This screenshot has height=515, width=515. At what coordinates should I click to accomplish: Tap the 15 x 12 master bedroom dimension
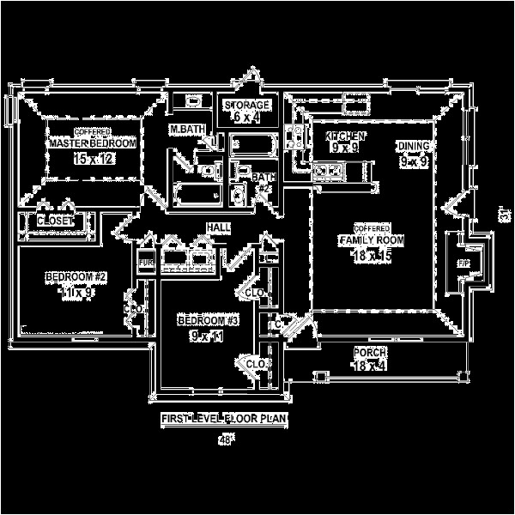tap(93, 159)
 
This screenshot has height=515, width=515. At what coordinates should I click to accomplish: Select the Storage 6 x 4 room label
tap(247, 105)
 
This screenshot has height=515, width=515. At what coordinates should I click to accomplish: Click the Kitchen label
tap(346, 136)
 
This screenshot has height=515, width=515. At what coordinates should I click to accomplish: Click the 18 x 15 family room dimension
tap(373, 255)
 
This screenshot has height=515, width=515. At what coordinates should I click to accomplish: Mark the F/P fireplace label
tap(464, 262)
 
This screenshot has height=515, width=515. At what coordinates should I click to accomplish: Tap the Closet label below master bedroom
tap(55, 221)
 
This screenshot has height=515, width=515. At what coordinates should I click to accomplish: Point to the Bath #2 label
tap(262, 178)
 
